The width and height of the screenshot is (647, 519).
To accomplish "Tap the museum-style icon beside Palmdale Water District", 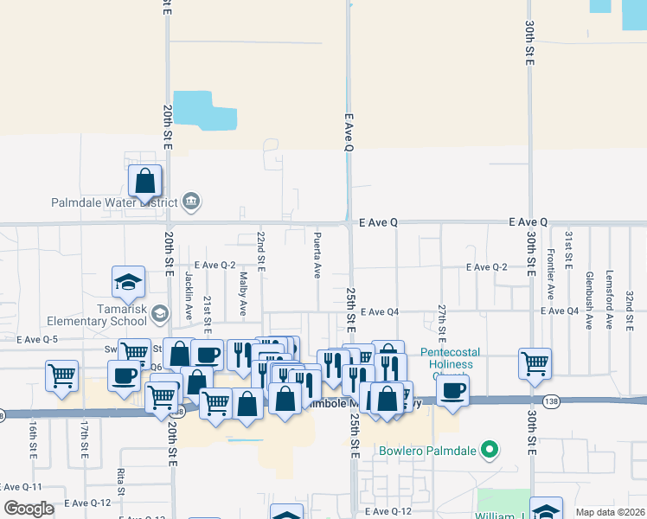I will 192,203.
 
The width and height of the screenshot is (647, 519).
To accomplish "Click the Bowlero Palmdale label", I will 428,451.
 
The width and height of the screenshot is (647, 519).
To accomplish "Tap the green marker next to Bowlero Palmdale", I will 490,450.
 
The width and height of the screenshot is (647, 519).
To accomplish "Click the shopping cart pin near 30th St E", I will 535,363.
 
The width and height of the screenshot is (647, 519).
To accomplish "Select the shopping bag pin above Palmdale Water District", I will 145,182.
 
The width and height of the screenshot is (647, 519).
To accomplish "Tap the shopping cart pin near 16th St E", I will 62,375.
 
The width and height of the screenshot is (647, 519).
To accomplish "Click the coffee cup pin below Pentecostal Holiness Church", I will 452,389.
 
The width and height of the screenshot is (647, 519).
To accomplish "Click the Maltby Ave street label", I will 244,294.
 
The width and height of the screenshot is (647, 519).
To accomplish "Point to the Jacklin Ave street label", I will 188,285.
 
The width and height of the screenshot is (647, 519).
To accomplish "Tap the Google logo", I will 29,509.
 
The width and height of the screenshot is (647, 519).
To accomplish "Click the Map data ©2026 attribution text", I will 610,512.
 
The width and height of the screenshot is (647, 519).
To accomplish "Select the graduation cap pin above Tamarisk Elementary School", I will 128,281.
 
